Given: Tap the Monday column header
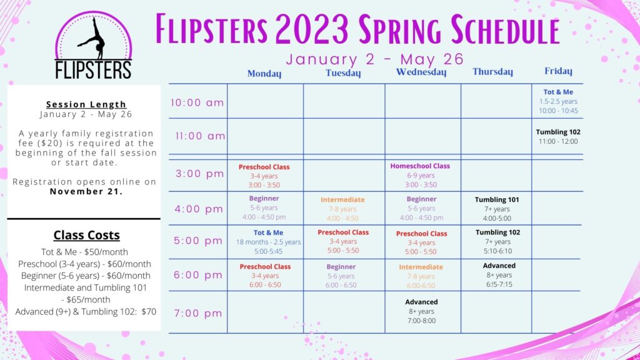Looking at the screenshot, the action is point(264,74).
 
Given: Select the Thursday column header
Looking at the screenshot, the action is point(492,72).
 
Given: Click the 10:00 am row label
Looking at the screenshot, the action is point(197,102).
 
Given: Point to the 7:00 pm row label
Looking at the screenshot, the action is point(198,314).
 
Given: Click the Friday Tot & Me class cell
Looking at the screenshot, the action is point(558,101).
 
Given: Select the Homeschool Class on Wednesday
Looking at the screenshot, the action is point(421,175).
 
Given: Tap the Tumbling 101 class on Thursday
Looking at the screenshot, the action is point(497,209).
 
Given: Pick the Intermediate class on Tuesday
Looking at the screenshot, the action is point(342,209).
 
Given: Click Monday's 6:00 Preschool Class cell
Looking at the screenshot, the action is point(265,276).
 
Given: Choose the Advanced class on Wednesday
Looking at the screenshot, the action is point(421,311).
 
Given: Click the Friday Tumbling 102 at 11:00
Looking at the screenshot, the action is point(558,137).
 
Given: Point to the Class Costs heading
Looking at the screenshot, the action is point(86,235).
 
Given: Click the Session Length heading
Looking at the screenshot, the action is point(86,104).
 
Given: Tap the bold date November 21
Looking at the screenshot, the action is point(86,191).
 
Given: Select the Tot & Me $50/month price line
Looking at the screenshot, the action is point(84,252).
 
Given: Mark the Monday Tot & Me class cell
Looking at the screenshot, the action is point(268,242).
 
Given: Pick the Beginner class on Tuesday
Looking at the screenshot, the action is point(341,276).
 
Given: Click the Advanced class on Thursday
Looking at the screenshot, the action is point(499,275).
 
